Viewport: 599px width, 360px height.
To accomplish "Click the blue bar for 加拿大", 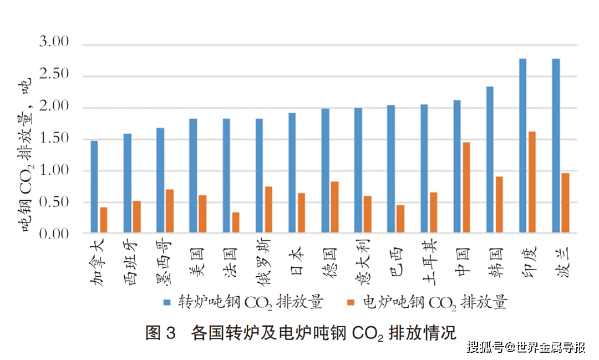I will (x=94, y=187).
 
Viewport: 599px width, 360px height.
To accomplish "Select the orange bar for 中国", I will (x=466, y=187).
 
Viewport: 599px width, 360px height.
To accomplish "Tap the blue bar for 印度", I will (x=522, y=145).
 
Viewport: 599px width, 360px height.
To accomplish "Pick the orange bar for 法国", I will (x=236, y=222).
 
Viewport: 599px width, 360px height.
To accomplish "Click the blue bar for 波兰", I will (x=556, y=145).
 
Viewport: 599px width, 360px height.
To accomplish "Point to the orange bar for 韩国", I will (x=499, y=205).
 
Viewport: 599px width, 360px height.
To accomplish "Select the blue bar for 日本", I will (x=292, y=173).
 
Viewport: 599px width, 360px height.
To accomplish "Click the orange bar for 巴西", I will (x=400, y=219).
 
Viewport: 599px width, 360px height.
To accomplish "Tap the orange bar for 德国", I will (x=334, y=207).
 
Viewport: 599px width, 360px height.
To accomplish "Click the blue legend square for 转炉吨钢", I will (x=167, y=303).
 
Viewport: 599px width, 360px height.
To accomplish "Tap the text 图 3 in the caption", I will (x=160, y=333).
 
